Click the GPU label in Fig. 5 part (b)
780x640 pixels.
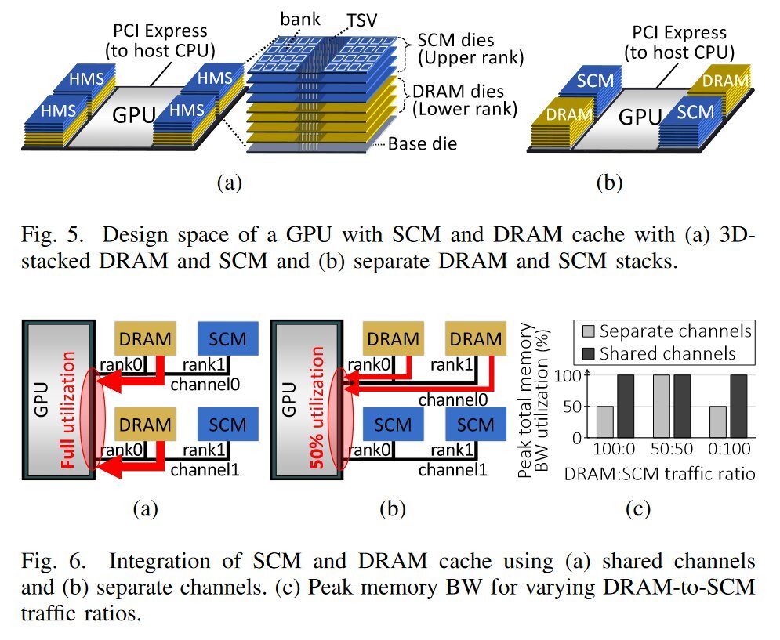pos(638,117)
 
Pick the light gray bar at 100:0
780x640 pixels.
pos(605,421)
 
